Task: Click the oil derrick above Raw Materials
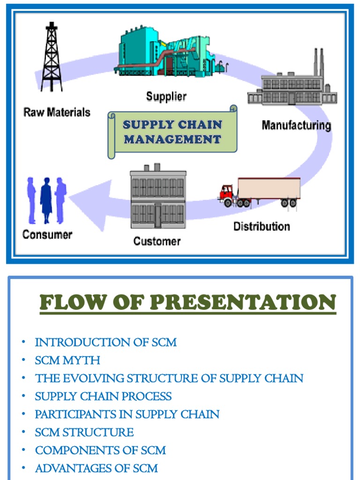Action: point(52,59)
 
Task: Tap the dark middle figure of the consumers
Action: point(47,199)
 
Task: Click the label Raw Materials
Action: point(57,112)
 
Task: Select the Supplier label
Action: point(166,97)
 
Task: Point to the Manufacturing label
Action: point(296,126)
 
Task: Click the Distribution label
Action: point(262,226)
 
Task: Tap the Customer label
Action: point(157,241)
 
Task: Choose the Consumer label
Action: point(47,234)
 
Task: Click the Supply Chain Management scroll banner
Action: point(172,132)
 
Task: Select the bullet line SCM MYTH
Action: point(67,360)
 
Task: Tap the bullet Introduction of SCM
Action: point(105,342)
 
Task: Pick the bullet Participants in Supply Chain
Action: point(127,414)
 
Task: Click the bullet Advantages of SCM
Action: point(96,468)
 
